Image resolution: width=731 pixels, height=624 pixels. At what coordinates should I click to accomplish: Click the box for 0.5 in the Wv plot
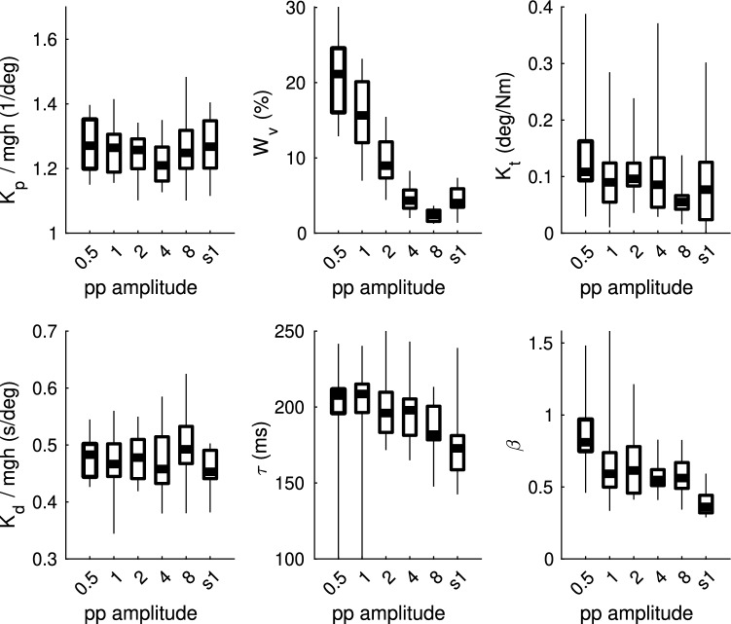339,80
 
